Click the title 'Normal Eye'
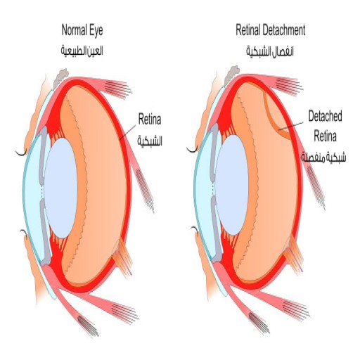pyautogui.click(x=82, y=30)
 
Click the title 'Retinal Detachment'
pyautogui.click(x=271, y=30)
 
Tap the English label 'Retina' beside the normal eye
pyautogui.click(x=150, y=119)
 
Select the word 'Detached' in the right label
pyautogui.click(x=325, y=116)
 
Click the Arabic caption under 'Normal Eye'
pyautogui.click(x=82, y=51)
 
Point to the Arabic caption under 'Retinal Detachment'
pyautogui.click(x=270, y=51)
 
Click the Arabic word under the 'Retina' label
pyautogui.click(x=150, y=141)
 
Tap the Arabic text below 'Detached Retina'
pyautogui.click(x=323, y=157)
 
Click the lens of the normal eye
pyautogui.click(x=60, y=188)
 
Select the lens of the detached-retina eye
pyautogui.click(x=232, y=185)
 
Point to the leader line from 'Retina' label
pyautogui.click(x=127, y=132)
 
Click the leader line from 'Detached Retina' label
pyautogui.click(x=291, y=126)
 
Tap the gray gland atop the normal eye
pyautogui.click(x=60, y=77)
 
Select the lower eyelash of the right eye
pyautogui.click(x=195, y=229)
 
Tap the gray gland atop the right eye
pyautogui.click(x=231, y=75)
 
